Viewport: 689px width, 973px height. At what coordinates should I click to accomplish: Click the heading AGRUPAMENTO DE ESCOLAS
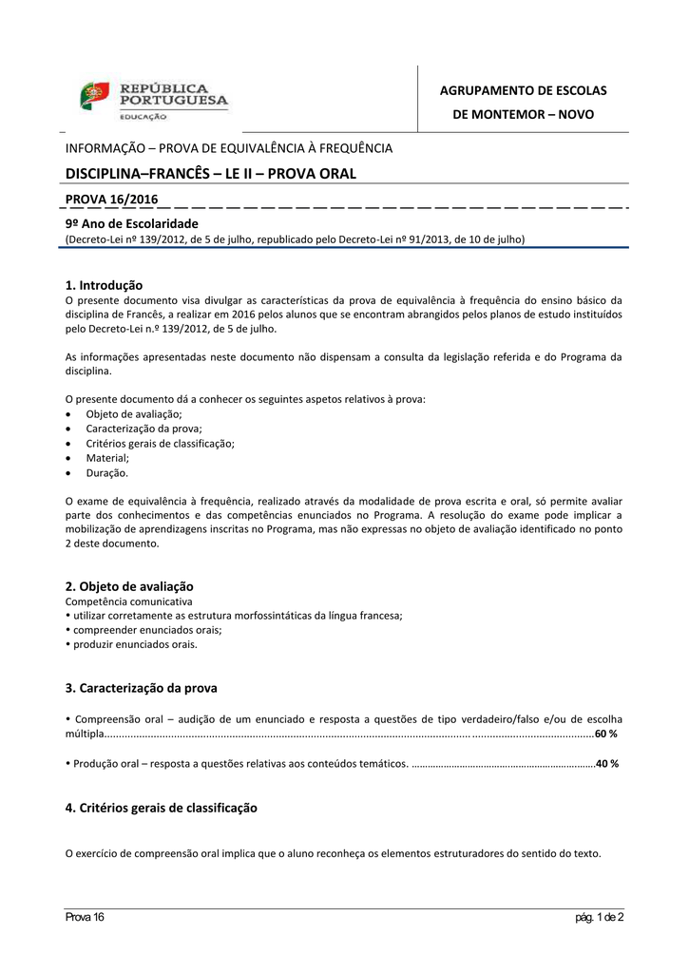523,90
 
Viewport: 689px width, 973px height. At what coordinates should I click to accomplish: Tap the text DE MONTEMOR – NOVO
523,114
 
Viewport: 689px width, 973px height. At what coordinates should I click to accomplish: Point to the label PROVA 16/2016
111,199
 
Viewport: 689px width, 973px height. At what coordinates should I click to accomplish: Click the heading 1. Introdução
104,284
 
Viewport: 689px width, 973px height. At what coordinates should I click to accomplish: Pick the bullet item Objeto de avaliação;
134,414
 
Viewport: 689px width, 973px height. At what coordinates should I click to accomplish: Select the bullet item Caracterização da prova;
144,429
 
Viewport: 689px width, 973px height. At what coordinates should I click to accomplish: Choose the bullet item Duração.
106,472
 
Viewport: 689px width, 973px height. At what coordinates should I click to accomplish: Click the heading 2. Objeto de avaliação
128,586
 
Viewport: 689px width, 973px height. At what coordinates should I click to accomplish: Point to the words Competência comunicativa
128,601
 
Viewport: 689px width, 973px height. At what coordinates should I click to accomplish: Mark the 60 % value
606,735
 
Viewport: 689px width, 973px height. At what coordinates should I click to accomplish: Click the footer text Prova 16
85,917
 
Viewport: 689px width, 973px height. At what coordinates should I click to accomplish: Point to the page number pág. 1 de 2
600,917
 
